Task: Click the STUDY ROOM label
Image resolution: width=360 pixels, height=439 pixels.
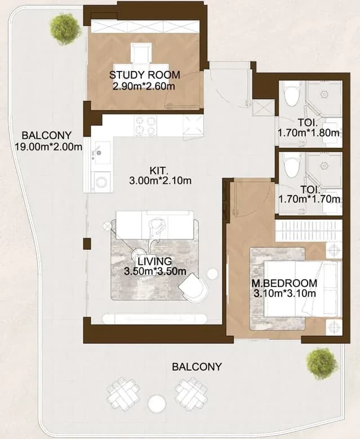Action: [x=144, y=75]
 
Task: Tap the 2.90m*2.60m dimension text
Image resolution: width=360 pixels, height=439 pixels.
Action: [x=144, y=86]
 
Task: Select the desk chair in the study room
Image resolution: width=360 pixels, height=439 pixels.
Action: [x=141, y=52]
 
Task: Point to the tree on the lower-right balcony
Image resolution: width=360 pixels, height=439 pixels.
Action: [x=321, y=363]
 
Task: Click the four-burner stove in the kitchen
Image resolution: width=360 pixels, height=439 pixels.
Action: [x=145, y=126]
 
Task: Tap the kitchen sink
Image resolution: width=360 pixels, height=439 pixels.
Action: [x=102, y=153]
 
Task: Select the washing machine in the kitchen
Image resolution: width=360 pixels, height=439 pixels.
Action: [x=102, y=181]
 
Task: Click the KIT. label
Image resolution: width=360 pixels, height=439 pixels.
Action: [x=159, y=171]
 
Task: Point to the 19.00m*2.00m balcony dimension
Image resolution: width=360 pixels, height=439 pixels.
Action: [x=48, y=147]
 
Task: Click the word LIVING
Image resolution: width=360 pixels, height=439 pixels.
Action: [x=155, y=261]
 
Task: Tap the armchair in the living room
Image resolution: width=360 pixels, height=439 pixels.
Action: [x=193, y=287]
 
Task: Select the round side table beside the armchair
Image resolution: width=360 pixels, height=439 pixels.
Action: [x=212, y=274]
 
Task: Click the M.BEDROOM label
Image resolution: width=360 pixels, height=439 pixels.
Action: [x=285, y=283]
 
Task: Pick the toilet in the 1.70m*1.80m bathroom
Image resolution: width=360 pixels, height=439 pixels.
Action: [x=292, y=94]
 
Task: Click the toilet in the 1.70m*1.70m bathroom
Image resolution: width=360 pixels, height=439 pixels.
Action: [x=292, y=165]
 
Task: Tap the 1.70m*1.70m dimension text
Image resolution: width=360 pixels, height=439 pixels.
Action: [x=309, y=199]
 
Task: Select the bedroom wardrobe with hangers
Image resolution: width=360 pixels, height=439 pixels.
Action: [x=309, y=230]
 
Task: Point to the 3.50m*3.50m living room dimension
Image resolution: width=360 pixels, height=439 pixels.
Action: [x=155, y=271]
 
